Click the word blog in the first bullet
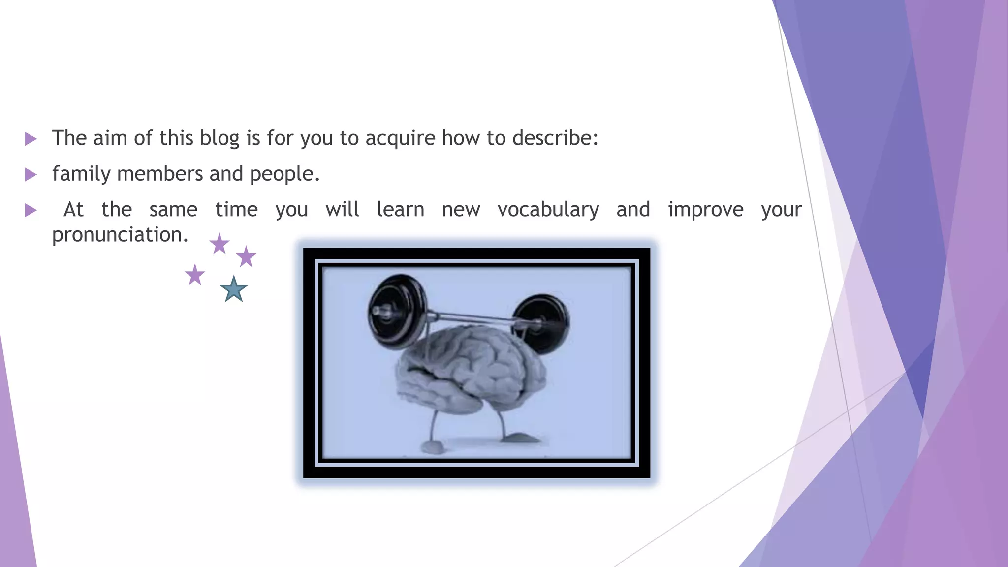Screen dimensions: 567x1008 (x=219, y=138)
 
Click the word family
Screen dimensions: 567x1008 (x=81, y=174)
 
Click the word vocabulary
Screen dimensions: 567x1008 (x=548, y=210)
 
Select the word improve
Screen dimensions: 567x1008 (x=705, y=210)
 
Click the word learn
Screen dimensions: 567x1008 (x=400, y=210)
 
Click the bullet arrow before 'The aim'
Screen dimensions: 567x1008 (x=31, y=139)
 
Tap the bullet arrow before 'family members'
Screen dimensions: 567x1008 (x=31, y=174)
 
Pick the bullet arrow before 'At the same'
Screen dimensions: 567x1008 (x=31, y=211)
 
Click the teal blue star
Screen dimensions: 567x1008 (x=233, y=289)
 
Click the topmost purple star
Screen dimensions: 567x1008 (x=220, y=244)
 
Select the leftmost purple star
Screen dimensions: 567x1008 (x=195, y=275)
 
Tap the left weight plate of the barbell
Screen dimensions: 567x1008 (x=396, y=311)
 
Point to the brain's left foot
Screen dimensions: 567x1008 (x=433, y=447)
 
